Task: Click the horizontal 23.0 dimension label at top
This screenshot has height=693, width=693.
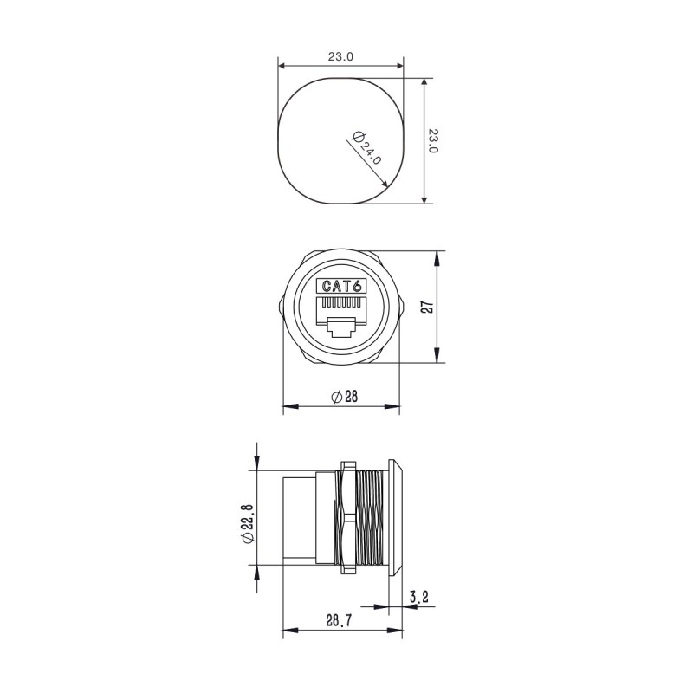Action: [340, 57]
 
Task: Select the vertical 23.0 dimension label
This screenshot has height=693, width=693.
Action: [433, 141]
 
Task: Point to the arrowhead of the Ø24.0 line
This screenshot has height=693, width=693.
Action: [385, 183]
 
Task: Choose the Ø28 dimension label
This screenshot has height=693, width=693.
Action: [344, 396]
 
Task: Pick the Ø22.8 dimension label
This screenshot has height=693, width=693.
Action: [247, 523]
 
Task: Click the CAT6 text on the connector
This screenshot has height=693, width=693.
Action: [342, 286]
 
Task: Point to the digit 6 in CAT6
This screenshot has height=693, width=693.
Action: [356, 286]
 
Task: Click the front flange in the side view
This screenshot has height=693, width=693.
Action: [396, 518]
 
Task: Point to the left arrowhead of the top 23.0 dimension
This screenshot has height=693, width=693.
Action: [282, 66]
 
